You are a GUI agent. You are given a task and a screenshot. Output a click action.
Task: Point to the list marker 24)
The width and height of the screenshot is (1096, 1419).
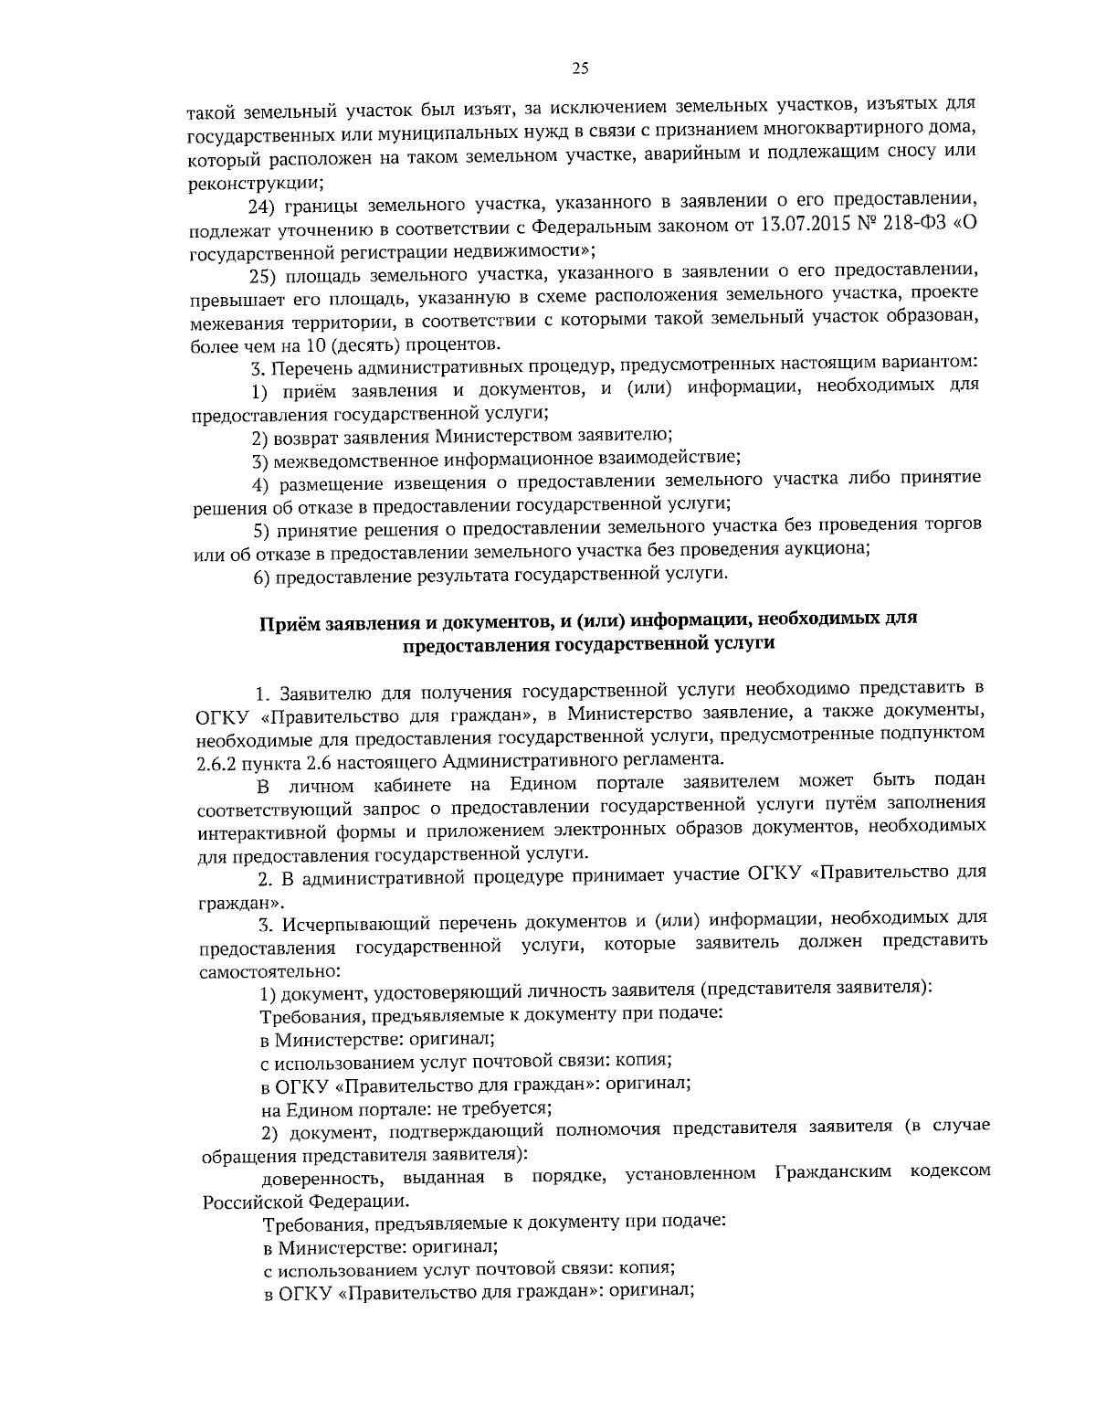[265, 204]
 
